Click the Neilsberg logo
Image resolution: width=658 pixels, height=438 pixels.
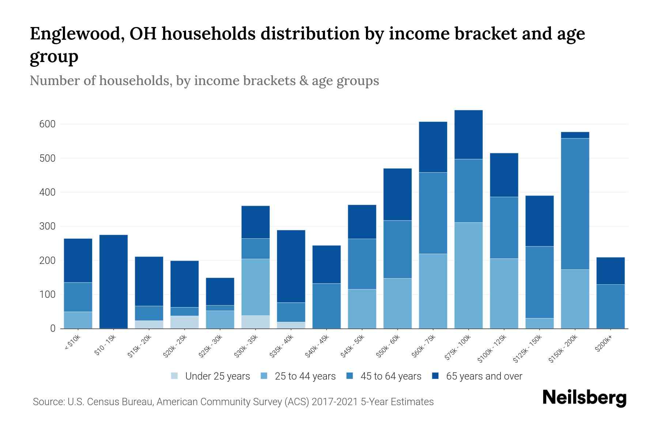point(584,398)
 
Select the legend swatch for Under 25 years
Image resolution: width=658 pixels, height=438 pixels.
point(175,376)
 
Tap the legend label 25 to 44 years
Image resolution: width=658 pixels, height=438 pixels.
point(305,376)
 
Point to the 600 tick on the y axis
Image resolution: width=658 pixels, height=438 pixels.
point(47,124)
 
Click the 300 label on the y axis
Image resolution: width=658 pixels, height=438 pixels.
point(47,226)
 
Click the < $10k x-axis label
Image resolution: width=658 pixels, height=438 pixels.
point(73,343)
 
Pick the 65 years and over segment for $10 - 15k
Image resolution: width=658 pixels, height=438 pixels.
point(113,281)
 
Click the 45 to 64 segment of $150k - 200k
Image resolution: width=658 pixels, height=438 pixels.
point(575,204)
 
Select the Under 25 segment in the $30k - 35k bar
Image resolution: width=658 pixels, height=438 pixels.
point(256,322)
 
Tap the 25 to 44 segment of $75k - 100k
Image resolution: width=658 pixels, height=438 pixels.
point(468,275)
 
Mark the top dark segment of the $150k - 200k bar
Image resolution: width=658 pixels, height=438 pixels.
point(575,135)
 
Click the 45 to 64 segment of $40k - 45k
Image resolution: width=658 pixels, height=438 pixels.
point(326,306)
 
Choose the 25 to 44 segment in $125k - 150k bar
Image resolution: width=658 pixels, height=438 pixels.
point(540,323)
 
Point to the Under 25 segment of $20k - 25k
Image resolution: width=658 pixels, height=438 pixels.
point(185,322)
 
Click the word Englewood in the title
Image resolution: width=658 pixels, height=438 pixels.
point(73,34)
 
